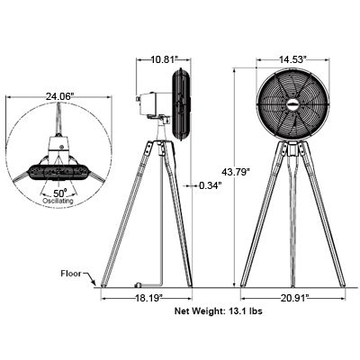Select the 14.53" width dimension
pos(292,58)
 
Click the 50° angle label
pos(60,192)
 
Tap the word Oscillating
pos(60,201)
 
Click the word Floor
pos(73,271)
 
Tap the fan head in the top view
pos(60,169)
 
